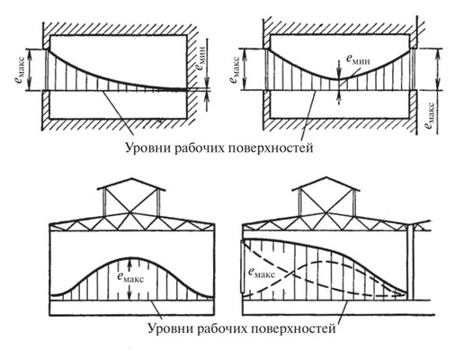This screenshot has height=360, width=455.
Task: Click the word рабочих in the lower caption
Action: pos(217,328)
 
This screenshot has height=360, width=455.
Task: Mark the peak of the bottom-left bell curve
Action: pos(131,255)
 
